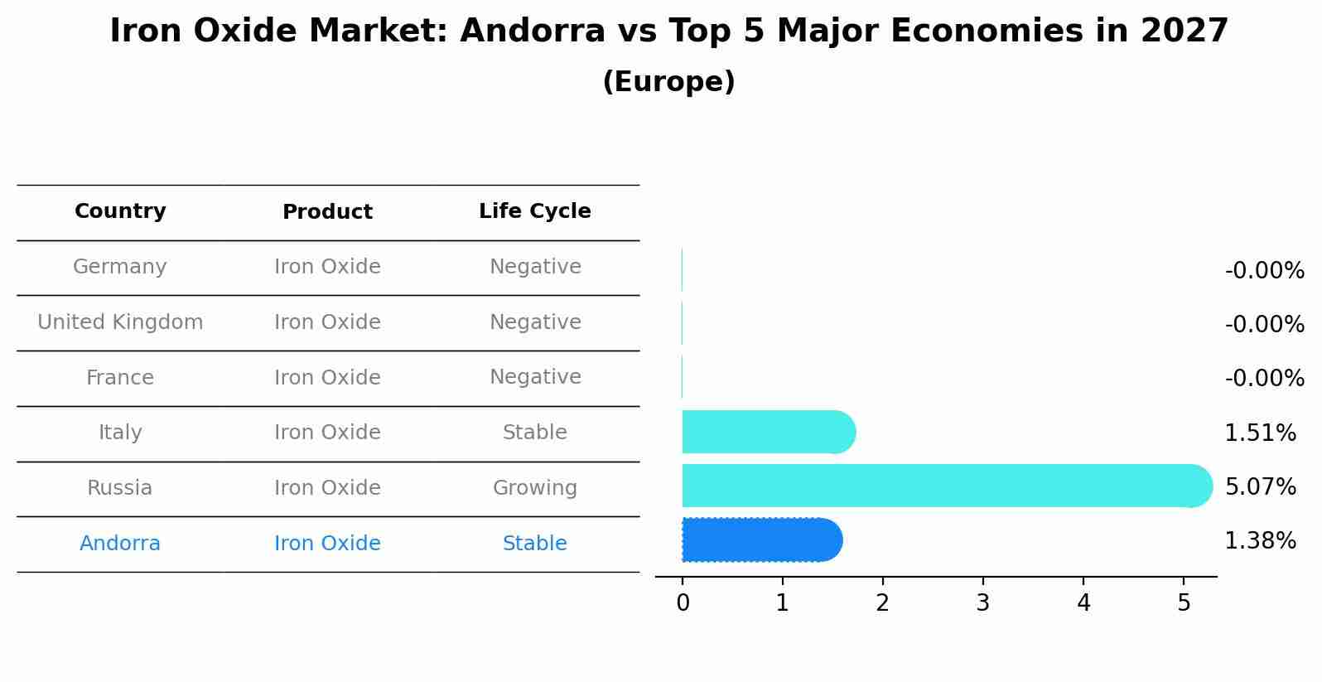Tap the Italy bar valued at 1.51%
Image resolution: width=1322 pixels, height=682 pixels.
767,432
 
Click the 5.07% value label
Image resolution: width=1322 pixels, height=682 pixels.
1260,487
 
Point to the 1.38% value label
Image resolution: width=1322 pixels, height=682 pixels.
1260,541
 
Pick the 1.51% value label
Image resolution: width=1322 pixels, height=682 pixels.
1260,433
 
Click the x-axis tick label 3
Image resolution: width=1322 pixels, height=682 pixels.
982,603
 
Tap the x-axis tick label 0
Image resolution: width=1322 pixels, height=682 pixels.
683,603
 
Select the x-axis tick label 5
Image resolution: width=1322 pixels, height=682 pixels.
1184,603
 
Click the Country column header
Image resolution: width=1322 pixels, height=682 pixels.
120,211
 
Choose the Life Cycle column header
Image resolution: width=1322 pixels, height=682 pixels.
534,211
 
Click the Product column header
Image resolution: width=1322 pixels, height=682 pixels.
327,212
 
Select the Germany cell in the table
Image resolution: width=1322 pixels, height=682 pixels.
120,267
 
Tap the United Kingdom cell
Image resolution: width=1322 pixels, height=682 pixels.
120,322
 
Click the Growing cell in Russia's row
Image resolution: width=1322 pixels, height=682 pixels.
534,488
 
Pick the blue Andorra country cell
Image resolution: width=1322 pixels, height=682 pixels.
120,544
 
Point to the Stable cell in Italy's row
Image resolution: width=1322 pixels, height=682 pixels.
534,433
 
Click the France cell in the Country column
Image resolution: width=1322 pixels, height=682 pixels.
120,378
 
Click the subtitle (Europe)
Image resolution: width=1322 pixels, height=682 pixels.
668,82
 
